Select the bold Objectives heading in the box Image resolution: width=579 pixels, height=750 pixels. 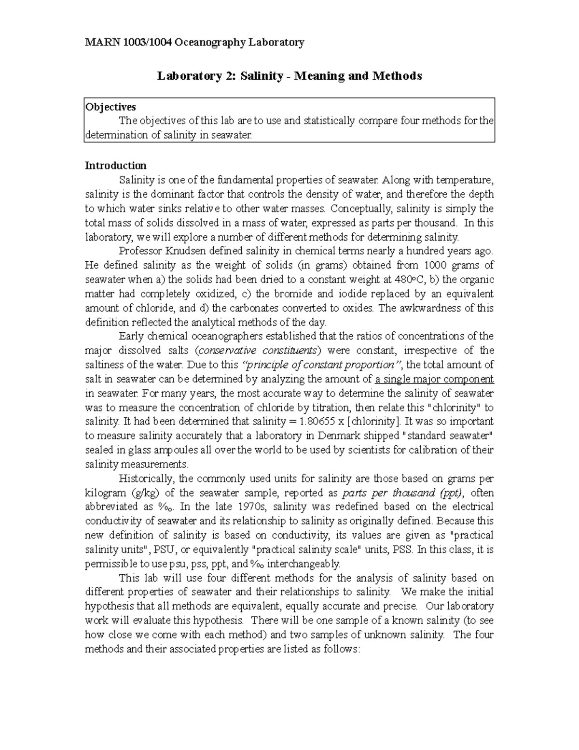pos(110,107)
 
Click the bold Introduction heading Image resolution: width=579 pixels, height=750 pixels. pos(115,166)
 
